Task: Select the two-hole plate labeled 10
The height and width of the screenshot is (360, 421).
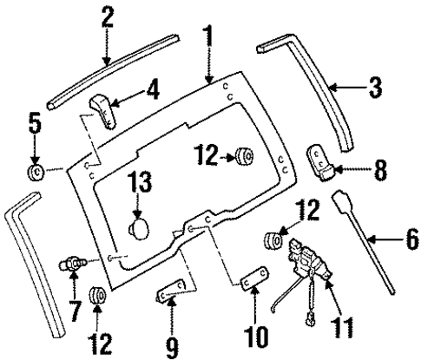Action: point(253,280)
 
